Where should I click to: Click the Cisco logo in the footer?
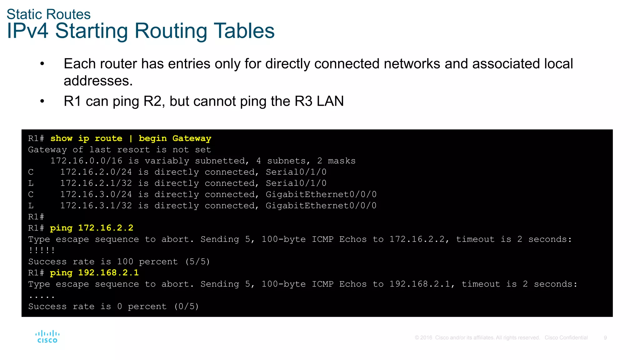point(47,337)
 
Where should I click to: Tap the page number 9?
point(605,338)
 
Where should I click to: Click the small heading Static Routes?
point(48,14)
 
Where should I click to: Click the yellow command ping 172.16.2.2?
point(92,228)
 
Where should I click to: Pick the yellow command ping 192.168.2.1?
point(94,273)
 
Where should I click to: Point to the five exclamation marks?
point(42,250)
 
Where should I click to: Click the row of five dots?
point(42,296)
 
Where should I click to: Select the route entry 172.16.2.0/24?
point(96,172)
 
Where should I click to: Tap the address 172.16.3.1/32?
point(96,206)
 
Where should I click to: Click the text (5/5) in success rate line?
point(197,262)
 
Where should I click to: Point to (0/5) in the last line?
point(187,307)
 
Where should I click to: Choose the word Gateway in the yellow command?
point(192,138)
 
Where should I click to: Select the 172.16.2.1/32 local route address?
point(96,183)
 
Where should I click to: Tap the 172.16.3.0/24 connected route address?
point(96,194)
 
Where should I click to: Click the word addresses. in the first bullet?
point(98,81)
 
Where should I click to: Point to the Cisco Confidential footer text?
point(566,338)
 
